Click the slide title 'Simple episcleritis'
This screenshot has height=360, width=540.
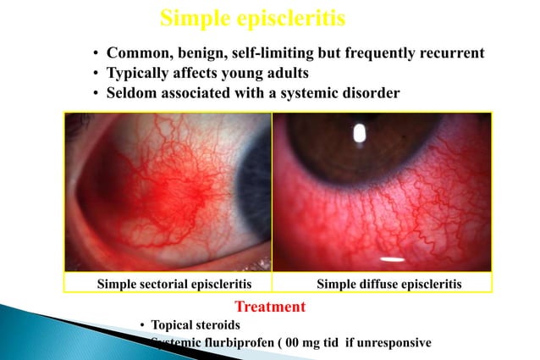click(x=252, y=18)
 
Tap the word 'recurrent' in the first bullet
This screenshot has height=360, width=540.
click(x=450, y=53)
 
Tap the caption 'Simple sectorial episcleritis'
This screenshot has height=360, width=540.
click(x=168, y=284)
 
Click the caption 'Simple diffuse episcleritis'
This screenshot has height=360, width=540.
click(x=388, y=284)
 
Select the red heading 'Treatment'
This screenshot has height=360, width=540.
click(x=269, y=306)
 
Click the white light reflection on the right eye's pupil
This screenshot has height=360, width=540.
click(x=358, y=132)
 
